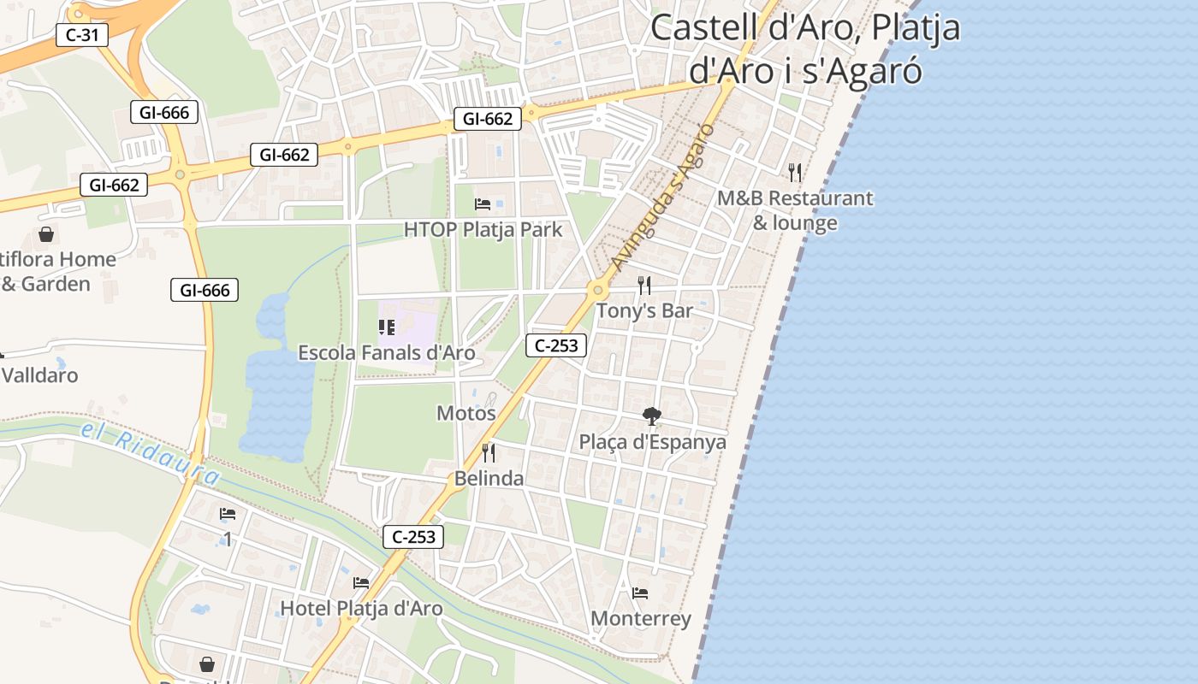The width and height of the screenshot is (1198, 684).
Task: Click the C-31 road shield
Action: (x=81, y=35)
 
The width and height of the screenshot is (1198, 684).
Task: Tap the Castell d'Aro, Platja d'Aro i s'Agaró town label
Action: (x=805, y=49)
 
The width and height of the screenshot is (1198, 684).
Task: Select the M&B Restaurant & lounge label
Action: (x=795, y=210)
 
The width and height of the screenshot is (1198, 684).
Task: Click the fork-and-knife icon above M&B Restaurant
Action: (x=795, y=173)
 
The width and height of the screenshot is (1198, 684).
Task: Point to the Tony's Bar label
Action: (x=644, y=310)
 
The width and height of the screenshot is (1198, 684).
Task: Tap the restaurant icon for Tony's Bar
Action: (x=644, y=286)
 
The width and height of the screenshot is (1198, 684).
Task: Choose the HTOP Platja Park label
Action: (x=483, y=229)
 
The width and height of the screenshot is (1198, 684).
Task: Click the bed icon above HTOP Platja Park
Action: (x=483, y=204)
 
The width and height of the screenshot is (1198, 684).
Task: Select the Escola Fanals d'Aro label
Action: (x=387, y=352)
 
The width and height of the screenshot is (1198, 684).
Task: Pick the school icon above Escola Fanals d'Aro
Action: (x=387, y=327)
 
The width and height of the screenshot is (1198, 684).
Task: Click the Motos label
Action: (x=466, y=413)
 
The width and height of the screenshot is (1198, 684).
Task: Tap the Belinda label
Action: (x=489, y=478)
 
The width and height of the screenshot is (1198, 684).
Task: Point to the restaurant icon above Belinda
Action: (x=489, y=453)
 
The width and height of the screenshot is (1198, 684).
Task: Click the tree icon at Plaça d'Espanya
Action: (x=652, y=417)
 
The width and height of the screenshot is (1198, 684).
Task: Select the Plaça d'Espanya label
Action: (x=653, y=442)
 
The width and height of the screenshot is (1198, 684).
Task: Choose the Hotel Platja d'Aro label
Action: (x=362, y=608)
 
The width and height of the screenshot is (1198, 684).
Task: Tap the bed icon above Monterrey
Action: (x=640, y=593)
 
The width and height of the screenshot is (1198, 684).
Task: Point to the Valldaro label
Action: (x=39, y=374)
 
